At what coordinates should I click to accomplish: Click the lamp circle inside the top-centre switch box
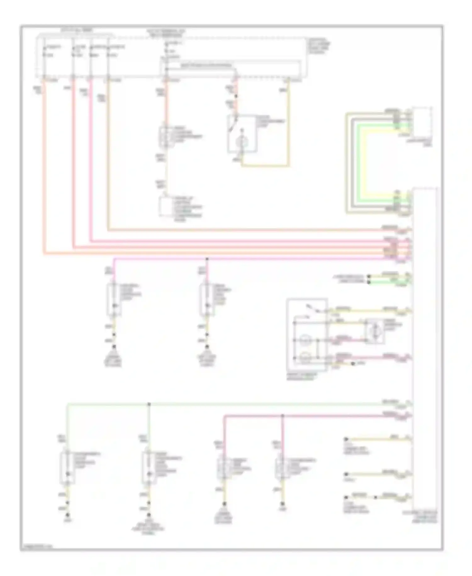pyautogui.click(x=242, y=142)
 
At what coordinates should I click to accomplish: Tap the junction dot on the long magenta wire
pyautogui.click(x=207, y=259)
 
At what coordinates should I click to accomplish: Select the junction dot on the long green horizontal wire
pyautogui.click(x=149, y=404)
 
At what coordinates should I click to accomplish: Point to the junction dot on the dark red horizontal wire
pyautogui.click(x=282, y=416)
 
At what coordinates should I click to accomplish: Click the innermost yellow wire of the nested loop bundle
pyautogui.click(x=365, y=164)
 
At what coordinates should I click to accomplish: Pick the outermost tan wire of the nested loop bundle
pyautogui.click(x=347, y=164)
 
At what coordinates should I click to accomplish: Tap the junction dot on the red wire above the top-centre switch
pyautogui.click(x=236, y=96)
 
